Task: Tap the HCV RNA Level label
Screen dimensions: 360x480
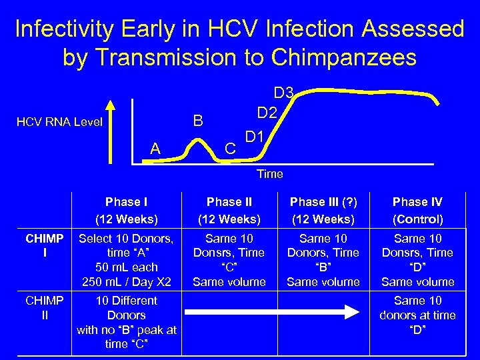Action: click(60, 122)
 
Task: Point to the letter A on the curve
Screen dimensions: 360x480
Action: click(155, 149)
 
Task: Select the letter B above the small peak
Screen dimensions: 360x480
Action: click(197, 121)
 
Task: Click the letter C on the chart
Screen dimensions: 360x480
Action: click(229, 149)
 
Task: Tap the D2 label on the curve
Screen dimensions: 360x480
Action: click(267, 113)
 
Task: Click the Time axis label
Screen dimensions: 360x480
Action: click(269, 174)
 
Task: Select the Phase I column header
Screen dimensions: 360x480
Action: click(126, 210)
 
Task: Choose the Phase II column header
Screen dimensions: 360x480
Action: click(229, 210)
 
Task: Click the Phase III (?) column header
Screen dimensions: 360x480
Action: click(323, 210)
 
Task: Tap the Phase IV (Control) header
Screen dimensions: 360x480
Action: click(417, 210)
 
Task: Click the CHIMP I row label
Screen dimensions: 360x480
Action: click(45, 245)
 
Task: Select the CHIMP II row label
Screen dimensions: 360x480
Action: click(45, 307)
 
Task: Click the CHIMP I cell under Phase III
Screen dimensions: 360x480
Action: click(323, 260)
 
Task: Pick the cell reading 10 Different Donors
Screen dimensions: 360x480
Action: click(126, 322)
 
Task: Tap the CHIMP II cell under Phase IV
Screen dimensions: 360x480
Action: click(417, 315)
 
